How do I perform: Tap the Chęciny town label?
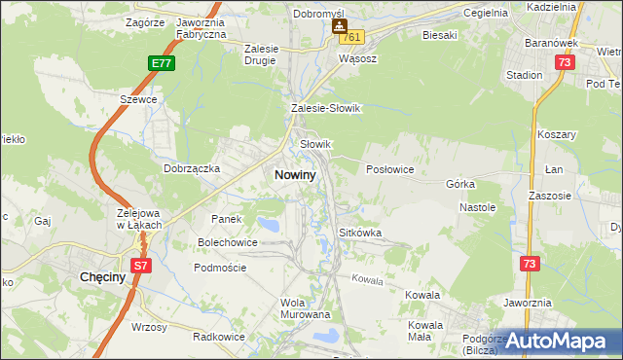tap(99, 277)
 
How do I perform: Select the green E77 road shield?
tap(162, 63)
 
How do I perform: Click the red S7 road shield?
tap(141, 265)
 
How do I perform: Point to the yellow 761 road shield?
tap(351, 37)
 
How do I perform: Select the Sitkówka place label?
tap(359, 234)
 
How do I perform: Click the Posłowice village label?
tap(390, 169)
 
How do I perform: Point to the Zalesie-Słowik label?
tap(325, 109)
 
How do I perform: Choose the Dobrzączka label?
tap(193, 168)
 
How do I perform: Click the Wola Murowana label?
tap(306, 308)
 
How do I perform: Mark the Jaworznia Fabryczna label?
tap(201, 27)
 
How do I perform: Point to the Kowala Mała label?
tap(426, 331)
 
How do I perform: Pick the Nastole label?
tap(478, 207)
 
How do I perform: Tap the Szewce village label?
tap(138, 99)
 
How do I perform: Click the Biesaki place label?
tap(439, 35)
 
